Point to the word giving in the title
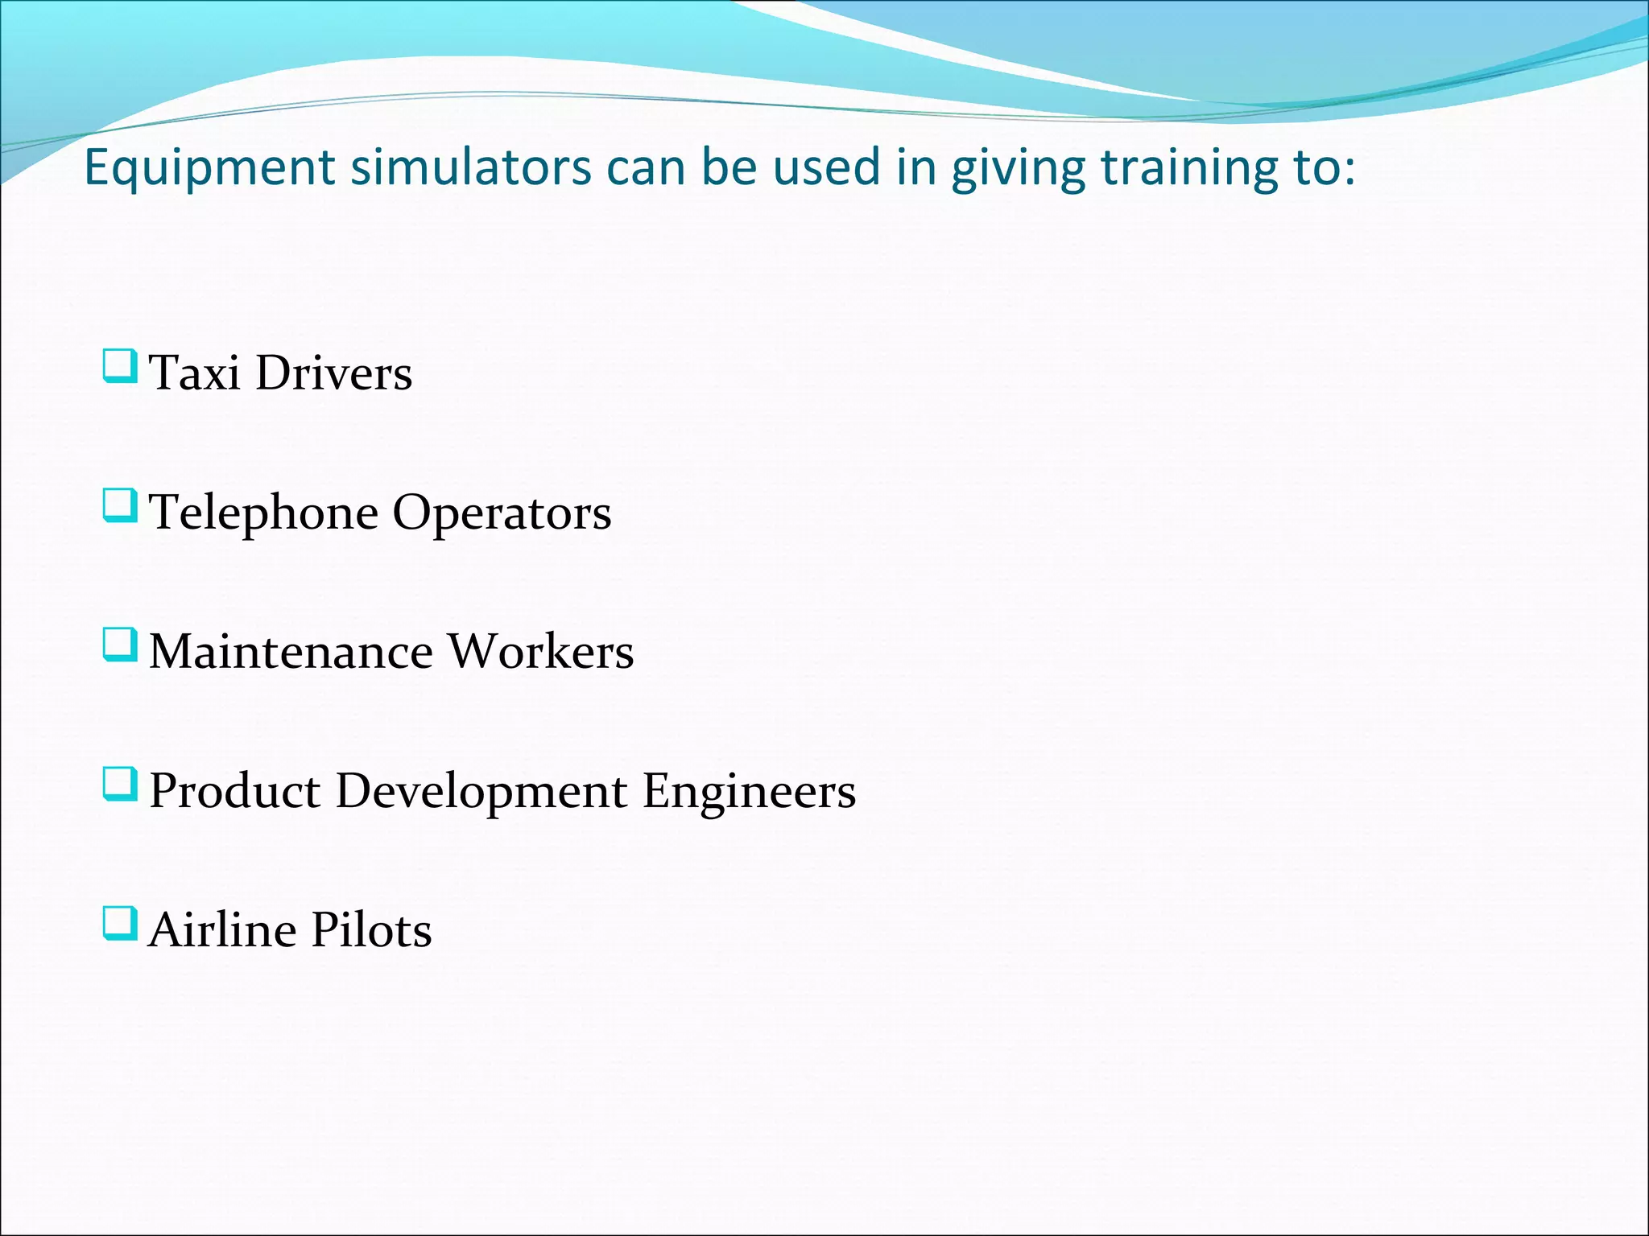(x=1017, y=169)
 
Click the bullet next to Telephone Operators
(x=120, y=506)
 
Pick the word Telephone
(x=264, y=513)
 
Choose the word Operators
(x=502, y=513)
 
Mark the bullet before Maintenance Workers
(x=120, y=645)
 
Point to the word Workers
(x=540, y=651)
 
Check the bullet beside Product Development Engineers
(x=120, y=785)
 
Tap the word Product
(x=234, y=791)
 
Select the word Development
(x=481, y=791)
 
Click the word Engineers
(x=749, y=791)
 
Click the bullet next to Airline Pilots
(x=120, y=924)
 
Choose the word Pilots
(x=371, y=930)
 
